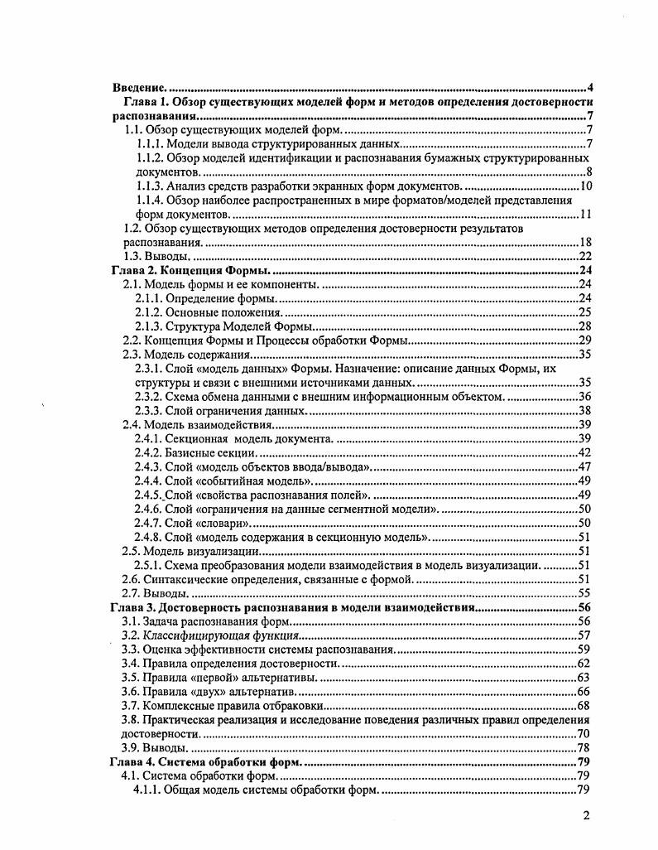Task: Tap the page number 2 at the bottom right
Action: click(x=586, y=815)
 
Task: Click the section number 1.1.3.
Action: click(x=149, y=186)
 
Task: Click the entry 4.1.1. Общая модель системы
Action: click(x=257, y=790)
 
